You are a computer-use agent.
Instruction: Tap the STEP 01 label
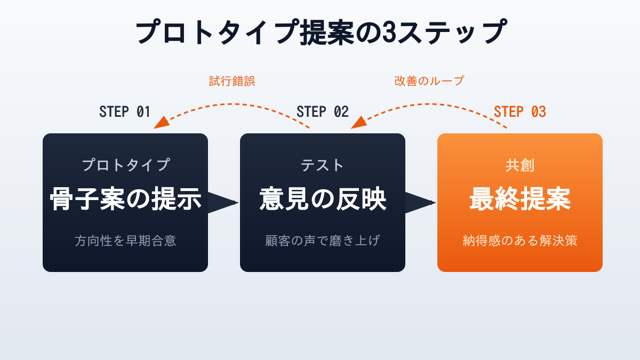(x=125, y=112)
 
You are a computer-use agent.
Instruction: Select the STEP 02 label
(x=322, y=112)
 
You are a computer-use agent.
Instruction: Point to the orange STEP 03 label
(x=519, y=112)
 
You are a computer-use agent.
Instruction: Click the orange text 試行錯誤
(x=232, y=81)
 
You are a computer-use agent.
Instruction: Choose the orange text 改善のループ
(x=429, y=81)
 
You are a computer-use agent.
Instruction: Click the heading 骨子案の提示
(x=125, y=200)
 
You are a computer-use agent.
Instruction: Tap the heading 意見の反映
(x=323, y=200)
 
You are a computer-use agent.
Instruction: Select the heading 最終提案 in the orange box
(x=520, y=200)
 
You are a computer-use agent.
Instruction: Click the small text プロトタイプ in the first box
(x=125, y=165)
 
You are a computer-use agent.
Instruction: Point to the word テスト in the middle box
(x=323, y=165)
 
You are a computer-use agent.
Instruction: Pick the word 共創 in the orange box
(x=520, y=165)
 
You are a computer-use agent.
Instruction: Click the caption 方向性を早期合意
(x=125, y=241)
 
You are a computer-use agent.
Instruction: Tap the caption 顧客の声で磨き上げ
(x=323, y=241)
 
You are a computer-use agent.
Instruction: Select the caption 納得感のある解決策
(x=520, y=241)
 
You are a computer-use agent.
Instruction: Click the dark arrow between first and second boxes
(x=221, y=203)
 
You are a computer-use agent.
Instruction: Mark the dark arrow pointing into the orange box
(x=419, y=203)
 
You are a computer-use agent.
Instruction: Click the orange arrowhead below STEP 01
(x=161, y=123)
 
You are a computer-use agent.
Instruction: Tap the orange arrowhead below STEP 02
(x=358, y=123)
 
